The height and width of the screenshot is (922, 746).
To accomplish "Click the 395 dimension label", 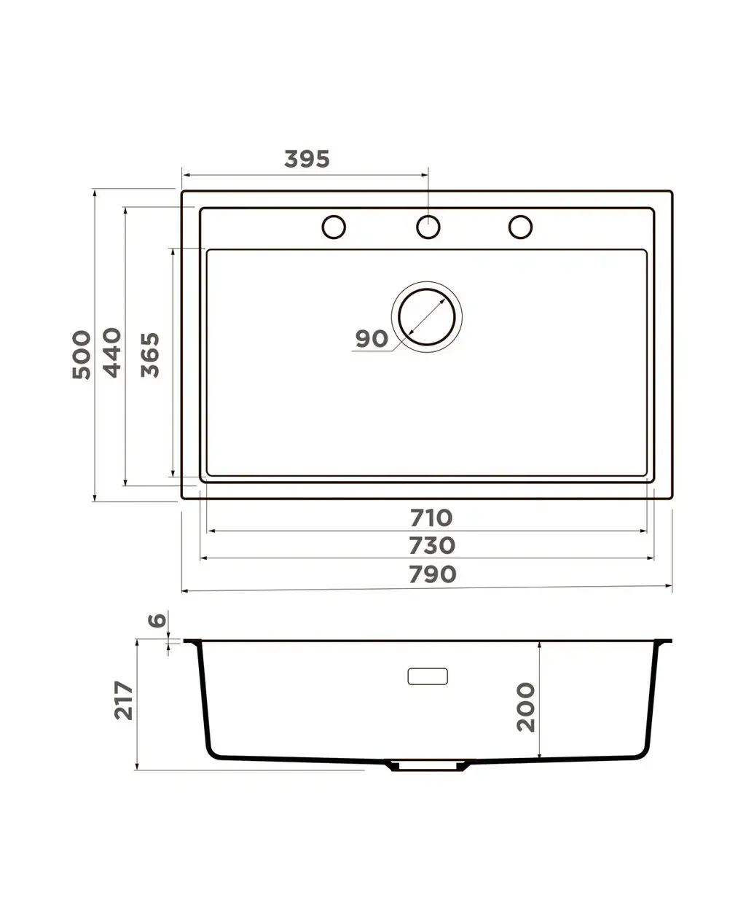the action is click(x=307, y=159).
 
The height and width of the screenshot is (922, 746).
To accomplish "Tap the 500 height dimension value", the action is click(x=82, y=355).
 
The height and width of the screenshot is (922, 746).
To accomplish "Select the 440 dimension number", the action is click(x=111, y=353).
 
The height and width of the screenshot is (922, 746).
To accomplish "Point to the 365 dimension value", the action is click(x=150, y=355).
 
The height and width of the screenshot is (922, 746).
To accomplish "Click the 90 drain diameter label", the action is click(x=372, y=338).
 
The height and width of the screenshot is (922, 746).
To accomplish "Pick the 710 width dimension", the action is click(x=431, y=517).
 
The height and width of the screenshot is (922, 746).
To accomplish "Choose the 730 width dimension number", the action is click(x=432, y=546).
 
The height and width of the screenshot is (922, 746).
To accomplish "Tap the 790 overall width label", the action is click(x=432, y=574).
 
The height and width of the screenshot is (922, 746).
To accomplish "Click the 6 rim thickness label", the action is click(x=157, y=620).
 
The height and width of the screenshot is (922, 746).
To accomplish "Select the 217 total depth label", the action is click(x=123, y=700).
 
